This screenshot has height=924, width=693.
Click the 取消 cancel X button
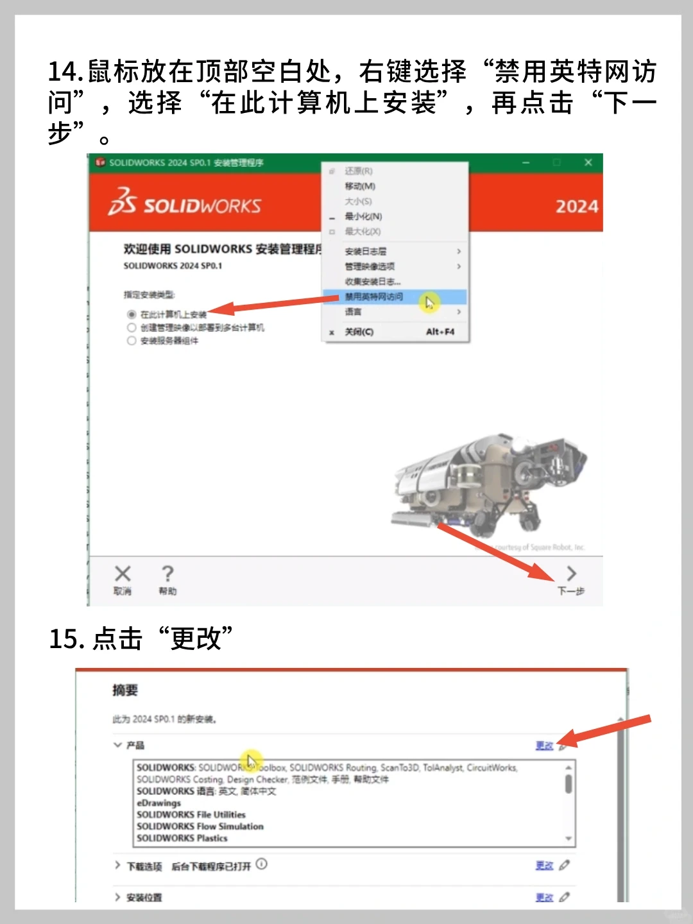tap(123, 579)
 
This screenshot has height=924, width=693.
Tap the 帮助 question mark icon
tap(167, 579)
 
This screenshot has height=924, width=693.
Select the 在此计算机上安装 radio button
tap(132, 314)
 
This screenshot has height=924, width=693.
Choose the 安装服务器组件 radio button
tap(132, 341)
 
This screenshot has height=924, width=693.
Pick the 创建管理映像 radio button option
tap(132, 328)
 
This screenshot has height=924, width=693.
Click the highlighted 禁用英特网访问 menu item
tap(375, 296)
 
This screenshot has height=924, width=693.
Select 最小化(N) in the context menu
tap(363, 216)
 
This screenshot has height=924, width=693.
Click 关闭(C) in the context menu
tap(359, 332)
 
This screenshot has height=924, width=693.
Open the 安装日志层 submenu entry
tap(366, 251)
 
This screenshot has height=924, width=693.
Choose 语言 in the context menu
tap(354, 312)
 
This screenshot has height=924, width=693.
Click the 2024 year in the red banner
tap(576, 207)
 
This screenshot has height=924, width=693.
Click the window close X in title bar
tap(588, 162)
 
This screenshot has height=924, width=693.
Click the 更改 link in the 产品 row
tap(544, 745)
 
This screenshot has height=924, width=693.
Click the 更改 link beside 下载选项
tap(544, 865)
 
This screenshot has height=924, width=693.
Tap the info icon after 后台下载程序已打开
tap(261, 864)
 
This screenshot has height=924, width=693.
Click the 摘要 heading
tap(125, 690)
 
